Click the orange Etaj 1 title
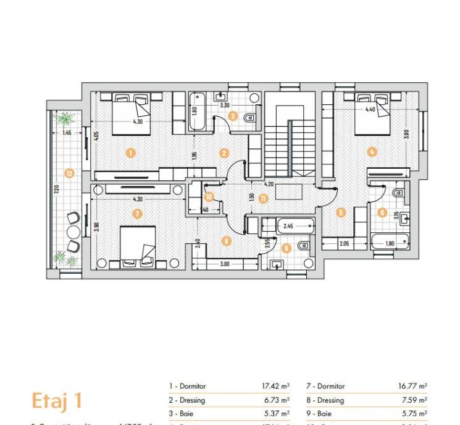point(57,400)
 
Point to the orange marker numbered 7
point(137,213)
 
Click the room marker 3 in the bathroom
point(233,116)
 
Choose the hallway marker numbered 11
point(263,198)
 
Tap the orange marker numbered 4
point(372,151)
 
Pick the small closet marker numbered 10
point(209,197)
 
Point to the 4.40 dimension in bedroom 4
point(370,109)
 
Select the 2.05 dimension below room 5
point(345,245)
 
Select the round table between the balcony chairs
point(73,232)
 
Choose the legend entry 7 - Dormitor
point(326,387)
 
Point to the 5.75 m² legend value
point(413,414)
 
